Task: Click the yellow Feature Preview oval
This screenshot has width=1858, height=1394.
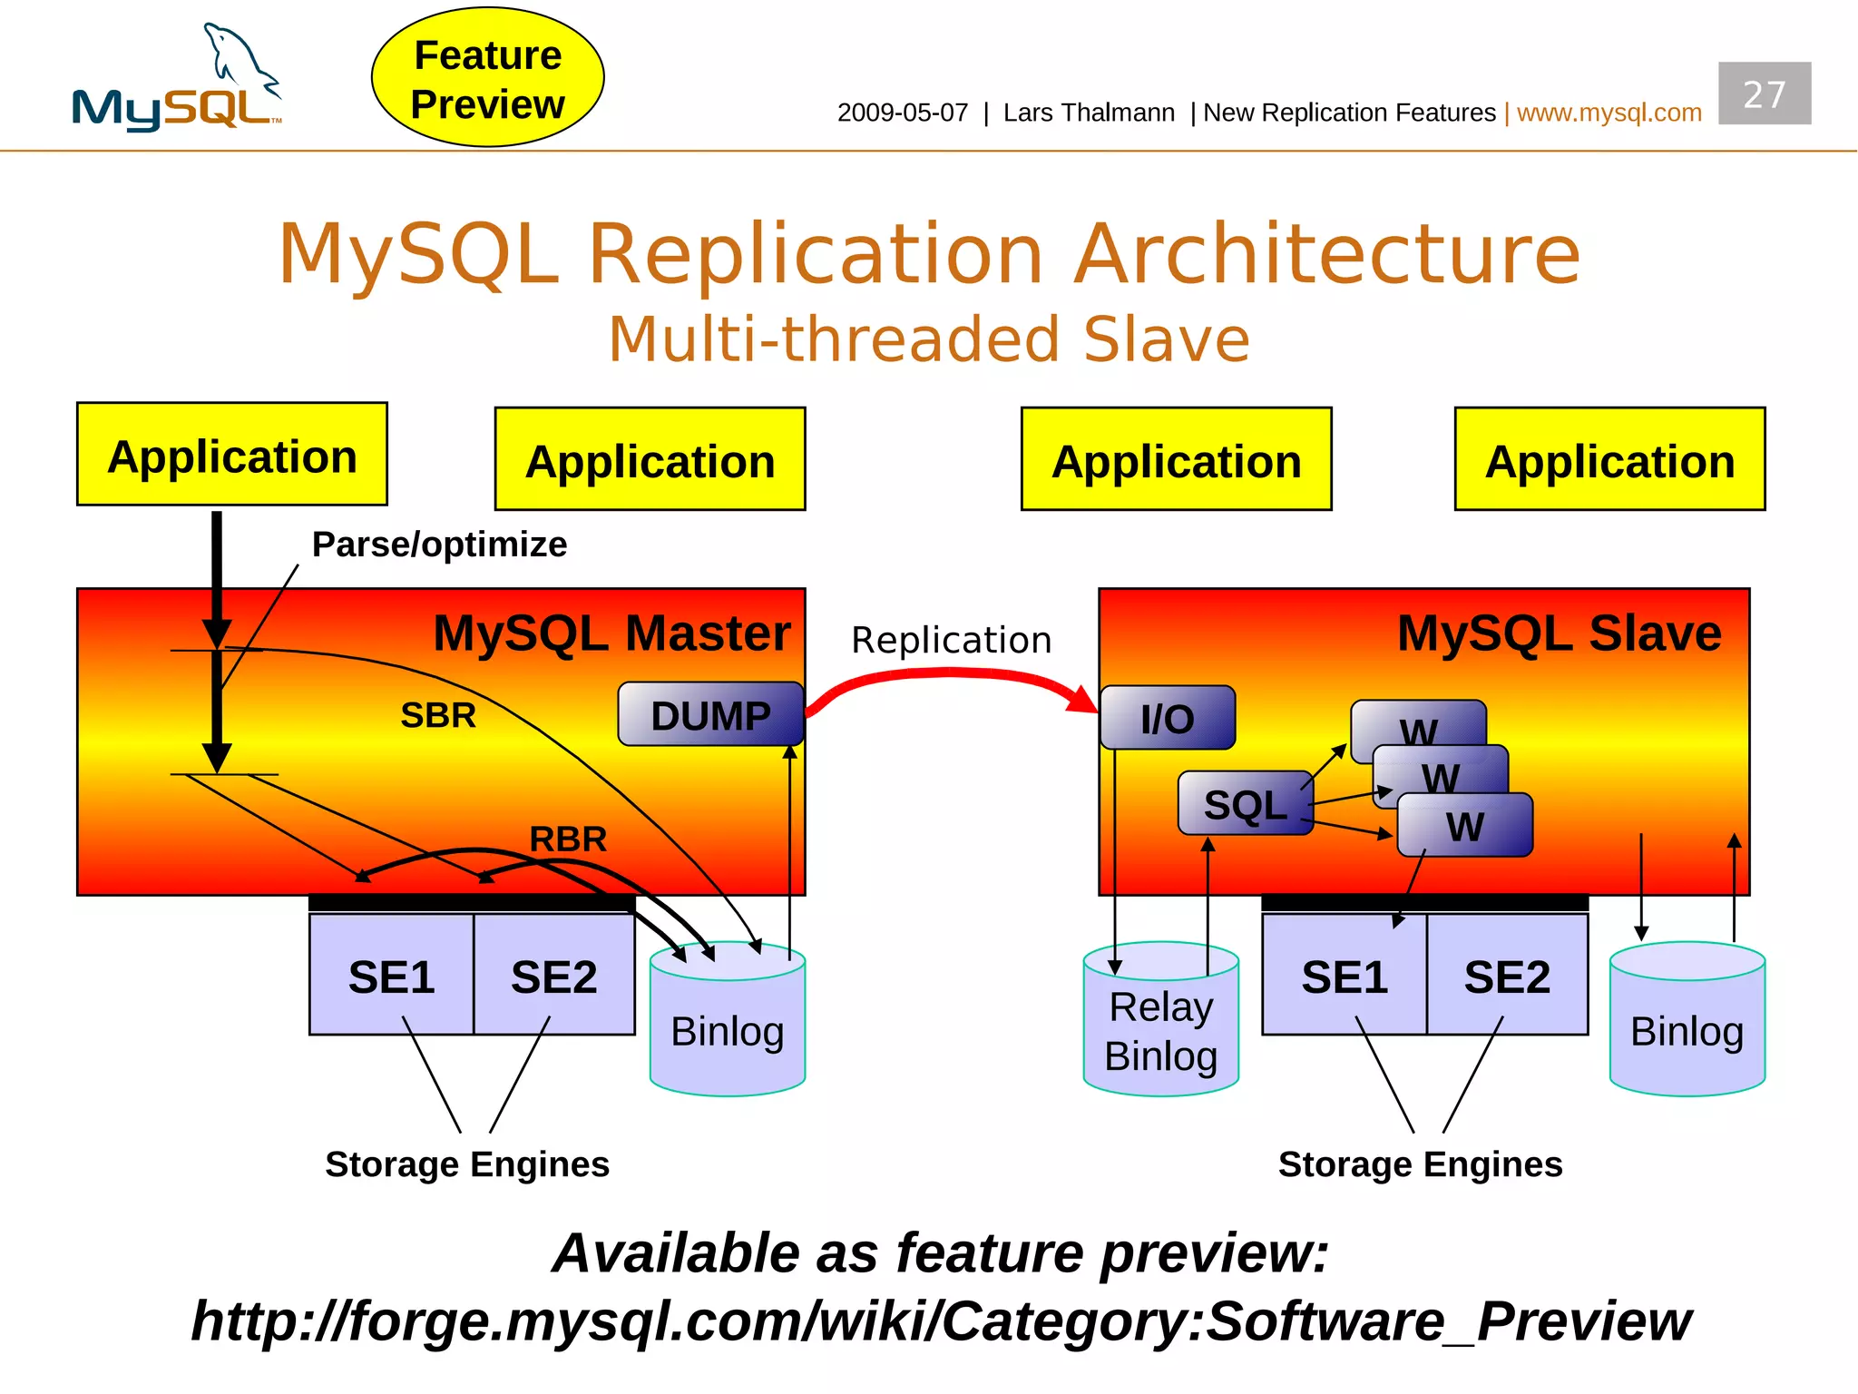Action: coord(487,78)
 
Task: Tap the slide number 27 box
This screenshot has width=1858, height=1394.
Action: coord(1764,93)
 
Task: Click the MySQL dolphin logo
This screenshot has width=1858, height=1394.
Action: coord(177,82)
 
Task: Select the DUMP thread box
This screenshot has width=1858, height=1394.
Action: coord(710,715)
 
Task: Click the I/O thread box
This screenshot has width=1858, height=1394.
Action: coord(1167,718)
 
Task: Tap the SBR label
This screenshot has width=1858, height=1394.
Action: coord(438,715)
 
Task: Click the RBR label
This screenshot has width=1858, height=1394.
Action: coord(568,839)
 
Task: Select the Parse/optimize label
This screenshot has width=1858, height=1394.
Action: coord(439,545)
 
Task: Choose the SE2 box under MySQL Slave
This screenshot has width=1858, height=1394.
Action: coord(1507,977)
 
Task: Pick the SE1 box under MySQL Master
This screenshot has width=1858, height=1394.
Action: coord(391,977)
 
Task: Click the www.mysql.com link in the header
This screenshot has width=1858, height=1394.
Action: coord(1609,113)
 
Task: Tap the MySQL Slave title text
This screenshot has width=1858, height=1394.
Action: coord(1559,633)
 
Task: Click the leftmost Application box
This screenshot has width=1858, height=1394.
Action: coord(232,456)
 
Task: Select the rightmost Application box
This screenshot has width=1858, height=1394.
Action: coord(1609,460)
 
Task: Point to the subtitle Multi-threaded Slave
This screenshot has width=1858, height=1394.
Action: coord(929,339)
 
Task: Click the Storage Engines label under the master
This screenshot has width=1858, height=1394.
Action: coord(467,1163)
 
